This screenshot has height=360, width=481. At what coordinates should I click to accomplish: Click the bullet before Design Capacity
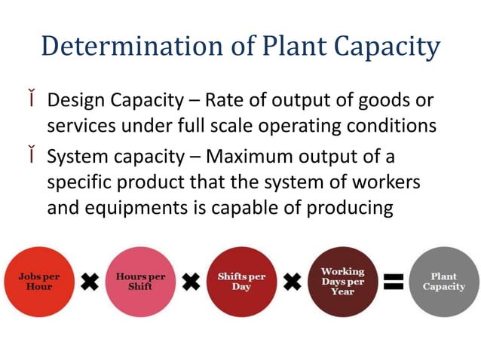pyautogui.click(x=35, y=99)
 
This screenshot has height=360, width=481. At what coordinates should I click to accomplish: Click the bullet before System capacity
pyautogui.click(x=35, y=157)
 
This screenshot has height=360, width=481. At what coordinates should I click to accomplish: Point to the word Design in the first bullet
pyautogui.click(x=74, y=101)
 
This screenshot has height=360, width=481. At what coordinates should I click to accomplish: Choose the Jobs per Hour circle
pyautogui.click(x=38, y=281)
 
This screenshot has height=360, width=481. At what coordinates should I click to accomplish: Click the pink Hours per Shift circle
pyautogui.click(x=141, y=281)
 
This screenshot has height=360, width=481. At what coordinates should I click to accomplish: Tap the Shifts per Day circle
pyautogui.click(x=241, y=281)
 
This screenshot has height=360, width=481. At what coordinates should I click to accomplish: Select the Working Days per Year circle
pyautogui.click(x=342, y=281)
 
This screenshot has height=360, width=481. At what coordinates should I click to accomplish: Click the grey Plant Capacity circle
pyautogui.click(x=443, y=281)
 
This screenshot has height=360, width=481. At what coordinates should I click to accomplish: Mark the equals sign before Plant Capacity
pyautogui.click(x=394, y=282)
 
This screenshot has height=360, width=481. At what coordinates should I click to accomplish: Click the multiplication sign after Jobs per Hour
pyautogui.click(x=90, y=282)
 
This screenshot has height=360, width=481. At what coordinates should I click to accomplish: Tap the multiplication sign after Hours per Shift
pyautogui.click(x=191, y=282)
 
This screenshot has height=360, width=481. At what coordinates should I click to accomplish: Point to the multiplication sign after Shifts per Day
pyautogui.click(x=293, y=282)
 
